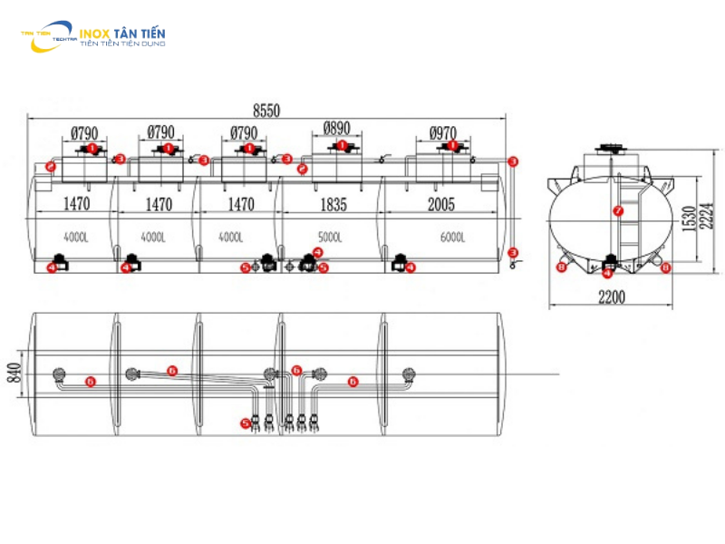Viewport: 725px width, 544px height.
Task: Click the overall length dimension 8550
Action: (x=266, y=111)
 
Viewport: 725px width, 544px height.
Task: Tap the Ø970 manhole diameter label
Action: (x=443, y=133)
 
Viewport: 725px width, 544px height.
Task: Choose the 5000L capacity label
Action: (x=331, y=238)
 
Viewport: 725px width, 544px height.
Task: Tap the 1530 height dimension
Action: (x=690, y=218)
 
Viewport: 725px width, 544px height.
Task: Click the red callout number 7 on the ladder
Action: (x=619, y=210)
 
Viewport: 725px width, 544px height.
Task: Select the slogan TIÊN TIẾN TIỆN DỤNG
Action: (x=122, y=43)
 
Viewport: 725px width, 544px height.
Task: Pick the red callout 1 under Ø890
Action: (x=342, y=145)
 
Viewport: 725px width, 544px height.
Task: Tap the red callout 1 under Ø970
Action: (x=445, y=147)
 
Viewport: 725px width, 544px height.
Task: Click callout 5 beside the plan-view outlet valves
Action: (x=245, y=423)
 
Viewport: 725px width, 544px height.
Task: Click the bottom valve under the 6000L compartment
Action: (x=398, y=267)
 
